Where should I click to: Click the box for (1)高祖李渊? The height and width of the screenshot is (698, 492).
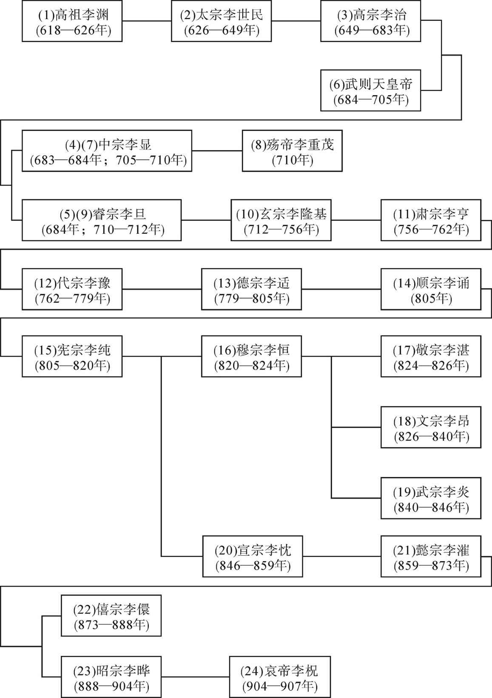tap(72, 21)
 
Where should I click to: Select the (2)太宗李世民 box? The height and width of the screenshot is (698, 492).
tap(222, 21)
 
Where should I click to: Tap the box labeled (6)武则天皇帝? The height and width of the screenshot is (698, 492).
tap(371, 91)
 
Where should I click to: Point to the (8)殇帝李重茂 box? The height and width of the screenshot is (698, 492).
tap(292, 151)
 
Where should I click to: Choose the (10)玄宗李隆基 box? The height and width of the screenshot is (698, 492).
tap(281, 220)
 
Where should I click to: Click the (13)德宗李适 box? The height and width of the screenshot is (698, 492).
tap(251, 289)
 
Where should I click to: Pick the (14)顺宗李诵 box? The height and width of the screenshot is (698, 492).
tap(431, 289)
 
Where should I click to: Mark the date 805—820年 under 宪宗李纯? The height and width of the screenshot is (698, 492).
tap(72, 366)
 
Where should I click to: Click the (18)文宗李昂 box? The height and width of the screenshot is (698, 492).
tap(431, 427)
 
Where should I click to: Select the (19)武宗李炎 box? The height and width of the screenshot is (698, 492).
tap(431, 498)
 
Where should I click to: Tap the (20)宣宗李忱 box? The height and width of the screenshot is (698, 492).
tap(253, 556)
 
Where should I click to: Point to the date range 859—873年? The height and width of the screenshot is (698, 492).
tap(431, 565)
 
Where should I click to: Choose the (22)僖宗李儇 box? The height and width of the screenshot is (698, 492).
tap(111, 616)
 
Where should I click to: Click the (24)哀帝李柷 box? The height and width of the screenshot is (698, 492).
tap(280, 677)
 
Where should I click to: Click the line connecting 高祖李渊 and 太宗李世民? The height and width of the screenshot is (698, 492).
tap(147, 21)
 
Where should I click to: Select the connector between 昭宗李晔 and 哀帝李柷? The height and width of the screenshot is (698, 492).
tap(196, 677)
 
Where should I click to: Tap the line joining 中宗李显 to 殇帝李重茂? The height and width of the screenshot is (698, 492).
tap(217, 151)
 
